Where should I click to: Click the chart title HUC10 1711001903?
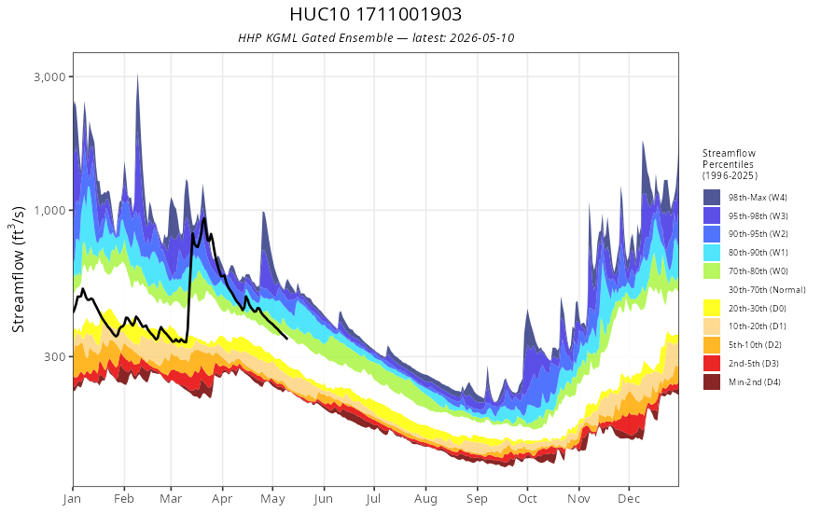coord(375,14)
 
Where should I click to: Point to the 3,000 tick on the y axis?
coord(50,76)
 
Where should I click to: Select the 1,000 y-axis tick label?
coord(50,211)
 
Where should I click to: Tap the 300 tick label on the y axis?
coord(55,357)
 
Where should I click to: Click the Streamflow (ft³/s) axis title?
coord(19,270)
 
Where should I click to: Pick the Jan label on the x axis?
coord(72,499)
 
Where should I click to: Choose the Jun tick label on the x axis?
coord(324,499)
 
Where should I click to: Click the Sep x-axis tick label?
coord(477,499)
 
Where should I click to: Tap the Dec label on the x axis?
coord(629,499)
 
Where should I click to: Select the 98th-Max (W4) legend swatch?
coord(712,198)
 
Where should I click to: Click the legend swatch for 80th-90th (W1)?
coord(712,253)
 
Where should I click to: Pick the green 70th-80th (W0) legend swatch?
coord(712,271)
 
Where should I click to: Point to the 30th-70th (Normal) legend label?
coord(767,290)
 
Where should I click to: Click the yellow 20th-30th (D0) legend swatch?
coord(712,309)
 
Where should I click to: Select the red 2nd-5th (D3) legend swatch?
coord(712,364)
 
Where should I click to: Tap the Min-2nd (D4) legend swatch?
coord(712,382)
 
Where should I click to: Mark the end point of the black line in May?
coord(287,339)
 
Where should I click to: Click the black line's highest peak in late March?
coord(204,218)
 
